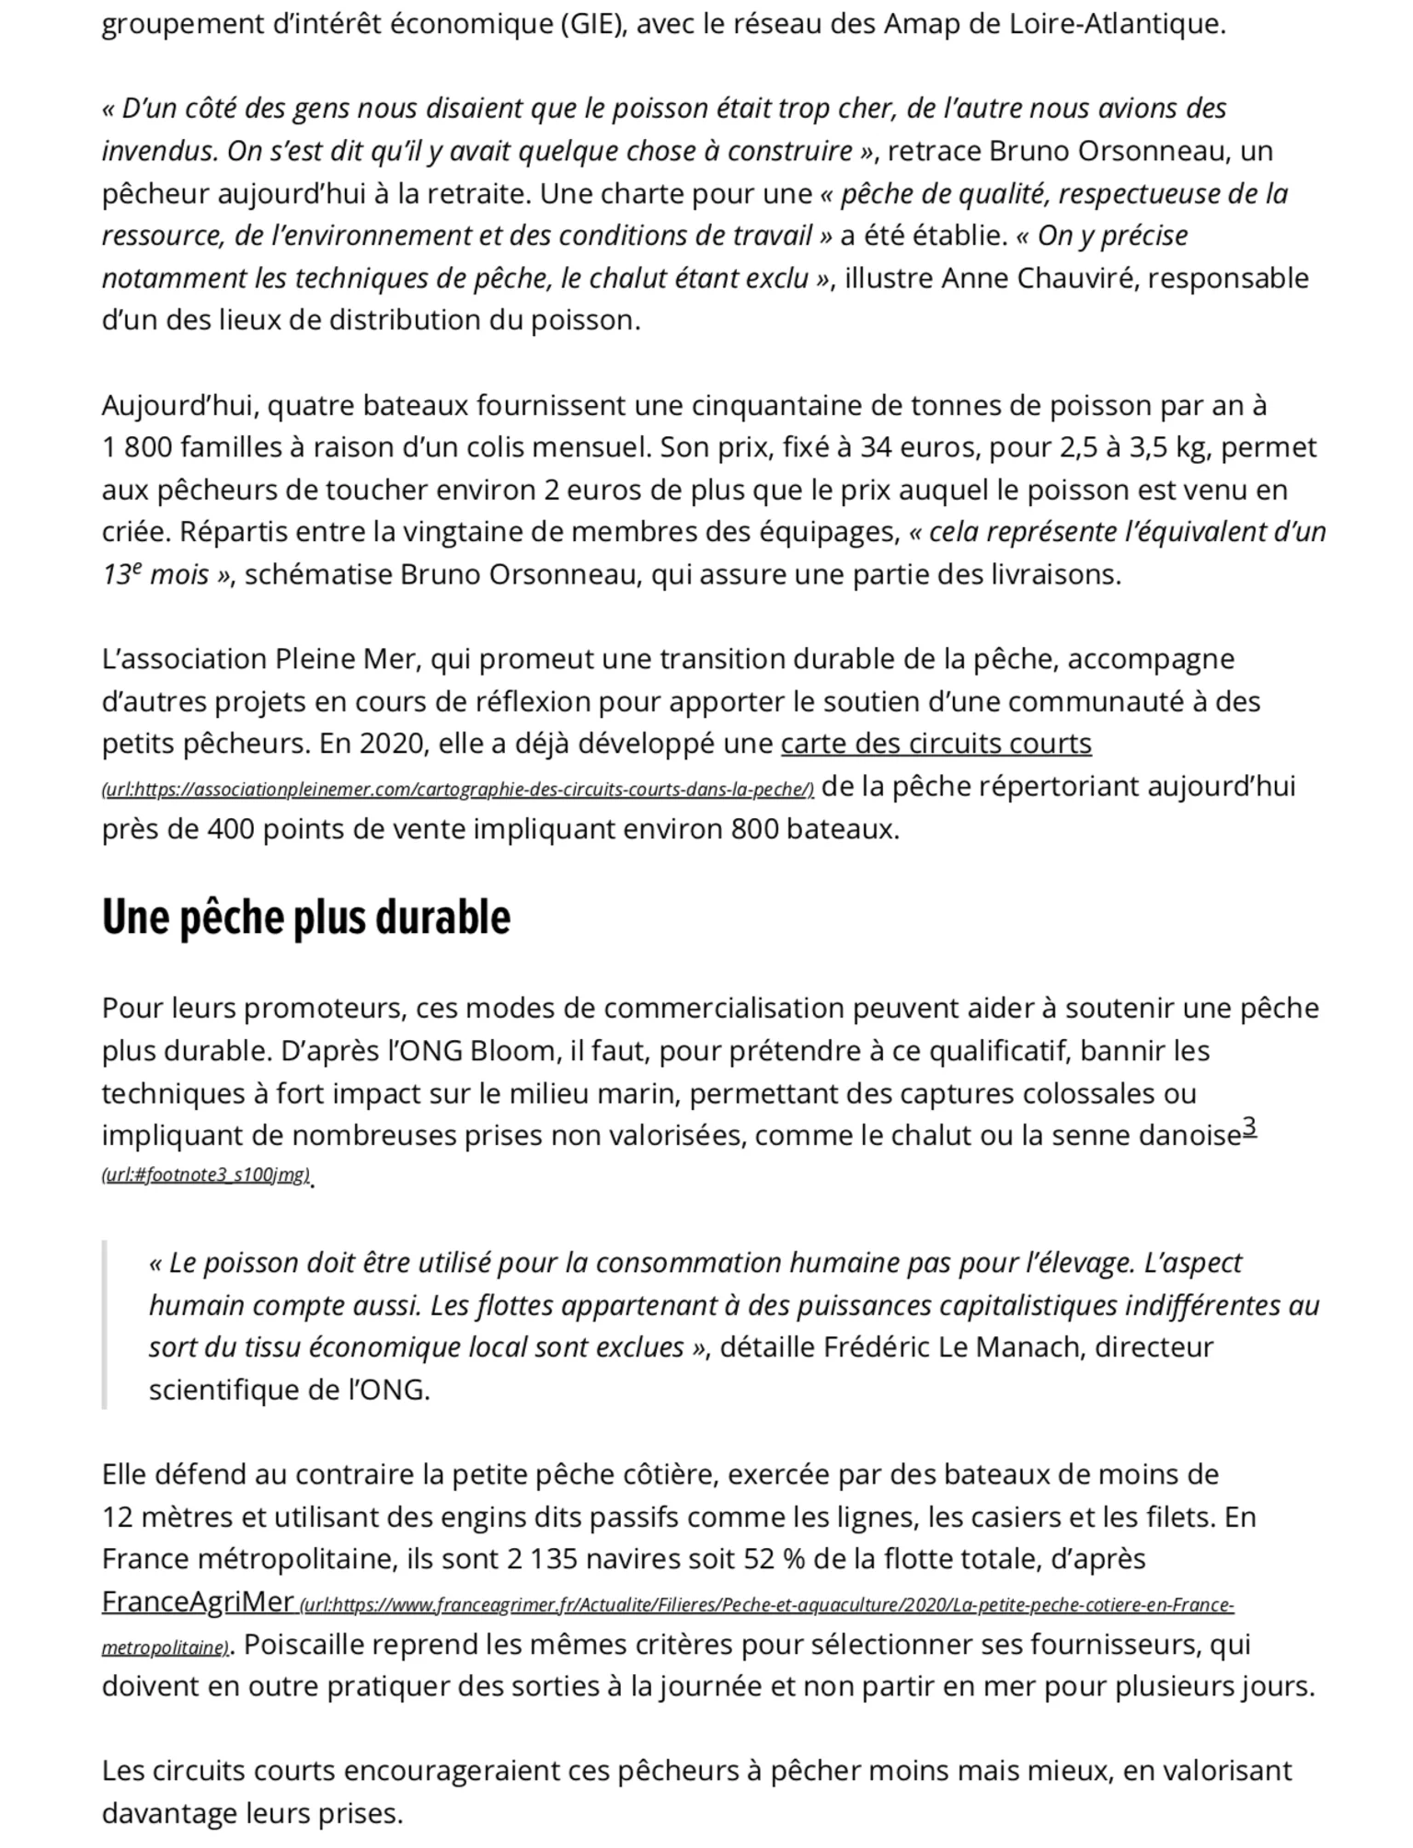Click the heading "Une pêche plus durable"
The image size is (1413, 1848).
click(x=305, y=918)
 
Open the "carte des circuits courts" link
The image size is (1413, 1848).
click(x=936, y=744)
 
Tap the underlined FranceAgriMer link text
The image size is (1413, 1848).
click(x=197, y=1602)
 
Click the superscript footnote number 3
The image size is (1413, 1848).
click(x=1249, y=1126)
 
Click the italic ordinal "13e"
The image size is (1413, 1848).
click(x=122, y=575)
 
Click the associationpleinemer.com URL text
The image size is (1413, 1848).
click(x=457, y=790)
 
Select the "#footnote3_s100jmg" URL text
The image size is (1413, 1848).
click(x=206, y=1175)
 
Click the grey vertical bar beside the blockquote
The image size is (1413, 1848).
click(x=105, y=1324)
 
